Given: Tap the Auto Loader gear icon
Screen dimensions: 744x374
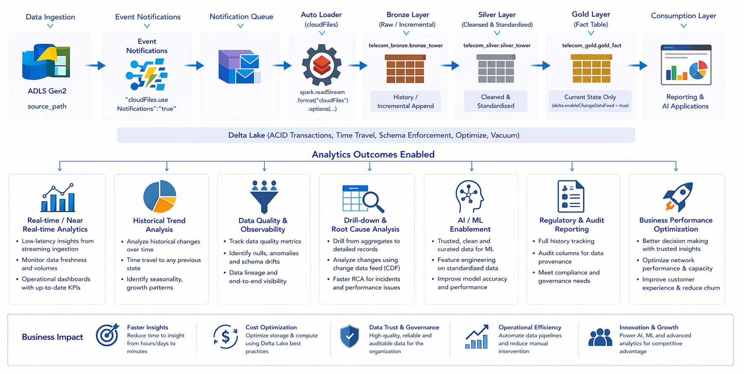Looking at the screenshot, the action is pos(322,65).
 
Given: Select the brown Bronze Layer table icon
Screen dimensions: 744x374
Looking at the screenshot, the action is pos(405,69).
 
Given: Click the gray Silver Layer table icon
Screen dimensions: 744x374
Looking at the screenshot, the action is pos(496,69).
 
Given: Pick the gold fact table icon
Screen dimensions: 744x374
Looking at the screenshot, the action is pos(591,69).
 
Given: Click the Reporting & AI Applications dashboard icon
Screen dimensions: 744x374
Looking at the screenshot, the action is pos(686,65).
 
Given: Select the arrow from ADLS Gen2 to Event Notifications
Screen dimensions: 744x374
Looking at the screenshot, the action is pos(95,65).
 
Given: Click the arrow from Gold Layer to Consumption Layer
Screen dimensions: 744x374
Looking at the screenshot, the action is pos(638,65).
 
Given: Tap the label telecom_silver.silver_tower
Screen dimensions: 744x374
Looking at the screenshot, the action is pos(497,45).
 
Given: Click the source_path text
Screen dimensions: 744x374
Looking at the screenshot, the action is pos(47,106).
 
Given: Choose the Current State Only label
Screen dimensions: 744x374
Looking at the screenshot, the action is pos(590,97).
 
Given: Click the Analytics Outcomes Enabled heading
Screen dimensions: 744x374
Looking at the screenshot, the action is pos(373,154).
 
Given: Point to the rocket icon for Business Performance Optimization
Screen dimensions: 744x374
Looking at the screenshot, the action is pos(677,196).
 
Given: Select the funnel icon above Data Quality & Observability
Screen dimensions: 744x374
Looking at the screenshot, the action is pos(264,197).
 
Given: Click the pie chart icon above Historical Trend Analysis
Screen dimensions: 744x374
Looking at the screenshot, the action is pos(160,196).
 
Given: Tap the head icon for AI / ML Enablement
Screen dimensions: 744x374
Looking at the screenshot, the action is pos(470,196).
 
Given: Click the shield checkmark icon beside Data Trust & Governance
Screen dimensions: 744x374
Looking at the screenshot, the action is pos(349,336).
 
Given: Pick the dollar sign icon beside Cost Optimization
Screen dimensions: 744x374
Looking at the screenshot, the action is pos(225,337).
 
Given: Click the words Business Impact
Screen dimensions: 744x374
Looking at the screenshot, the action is pos(53,337).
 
